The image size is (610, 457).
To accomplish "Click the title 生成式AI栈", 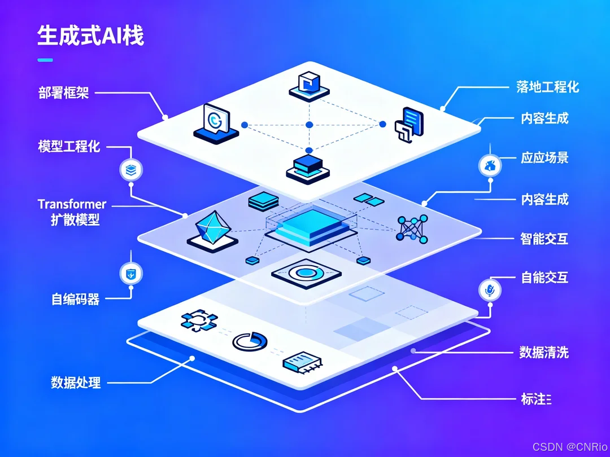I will pyautogui.click(x=90, y=36).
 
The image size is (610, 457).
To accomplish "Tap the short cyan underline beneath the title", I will pyautogui.click(x=45, y=60).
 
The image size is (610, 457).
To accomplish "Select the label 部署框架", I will pyautogui.click(x=64, y=93).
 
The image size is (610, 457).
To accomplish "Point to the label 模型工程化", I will pyautogui.click(x=69, y=147).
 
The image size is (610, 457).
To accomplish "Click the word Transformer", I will pyautogui.click(x=72, y=204).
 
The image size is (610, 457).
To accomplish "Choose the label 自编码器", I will pyautogui.click(x=75, y=299).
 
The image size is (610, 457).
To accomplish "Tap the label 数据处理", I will pyautogui.click(x=76, y=383).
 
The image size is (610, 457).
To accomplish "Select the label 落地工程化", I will pyautogui.click(x=547, y=87).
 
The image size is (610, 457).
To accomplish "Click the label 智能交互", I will pyautogui.click(x=544, y=239).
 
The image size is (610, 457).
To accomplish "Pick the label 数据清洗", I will pyautogui.click(x=544, y=353).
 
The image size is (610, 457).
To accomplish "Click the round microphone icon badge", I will pyautogui.click(x=490, y=290).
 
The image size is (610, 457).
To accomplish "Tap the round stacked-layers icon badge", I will pyautogui.click(x=131, y=169).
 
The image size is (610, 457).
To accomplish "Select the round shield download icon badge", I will pyautogui.click(x=131, y=274).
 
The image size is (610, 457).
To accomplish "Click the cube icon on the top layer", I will pyautogui.click(x=309, y=85).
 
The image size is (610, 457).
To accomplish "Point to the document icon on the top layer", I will pyautogui.click(x=411, y=123).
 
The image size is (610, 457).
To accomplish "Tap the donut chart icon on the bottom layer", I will pyautogui.click(x=250, y=340).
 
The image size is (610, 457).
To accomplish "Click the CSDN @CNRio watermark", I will pyautogui.click(x=568, y=447).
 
